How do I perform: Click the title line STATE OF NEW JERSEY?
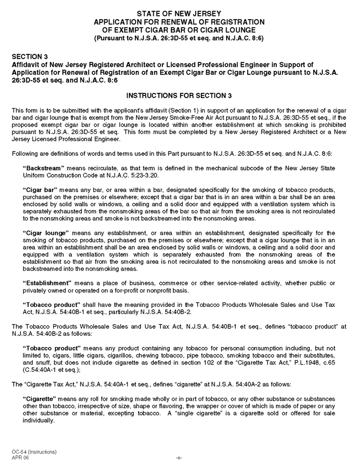pyautogui.click(x=180, y=14)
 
